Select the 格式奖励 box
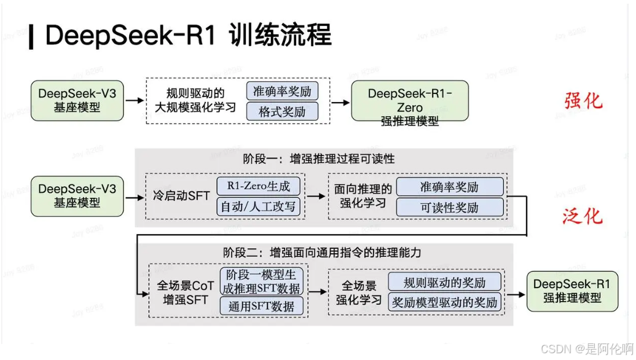282,112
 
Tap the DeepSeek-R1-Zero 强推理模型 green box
409,102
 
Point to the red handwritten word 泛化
582,216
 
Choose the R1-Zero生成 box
259,186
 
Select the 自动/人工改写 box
259,207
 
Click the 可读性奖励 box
449,207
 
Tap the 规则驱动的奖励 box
444,283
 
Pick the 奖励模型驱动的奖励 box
444,302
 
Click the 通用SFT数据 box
261,306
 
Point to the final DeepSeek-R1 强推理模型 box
571,291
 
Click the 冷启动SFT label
181,197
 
